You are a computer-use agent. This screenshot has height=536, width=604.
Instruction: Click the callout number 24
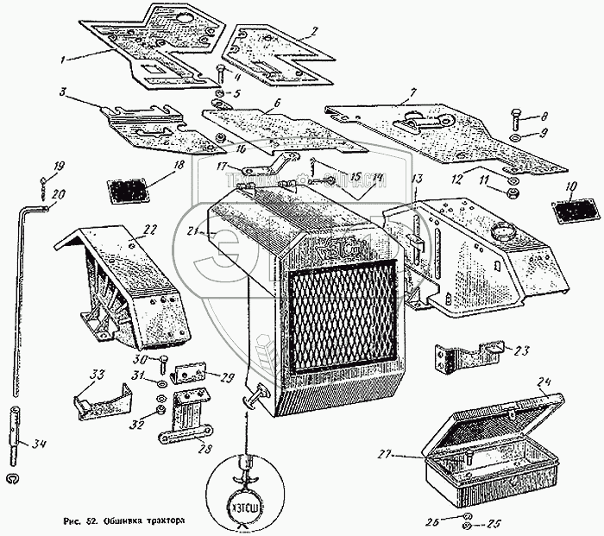[543, 382]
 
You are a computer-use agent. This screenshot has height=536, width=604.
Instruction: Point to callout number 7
[413, 91]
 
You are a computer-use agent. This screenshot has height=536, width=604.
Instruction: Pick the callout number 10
[570, 187]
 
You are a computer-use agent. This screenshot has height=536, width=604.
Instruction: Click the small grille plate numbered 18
[127, 191]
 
